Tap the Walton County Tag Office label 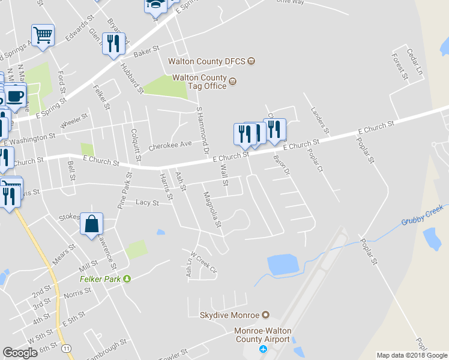pos(199,82)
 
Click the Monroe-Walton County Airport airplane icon pos(262,349)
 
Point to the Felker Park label pos(101,279)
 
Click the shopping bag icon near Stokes pos(92,224)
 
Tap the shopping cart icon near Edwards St pos(43,35)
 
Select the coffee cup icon pos(16,95)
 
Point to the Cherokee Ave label pos(169,145)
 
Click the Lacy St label pos(147,203)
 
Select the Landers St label pos(320,119)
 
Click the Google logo pos(20,353)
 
